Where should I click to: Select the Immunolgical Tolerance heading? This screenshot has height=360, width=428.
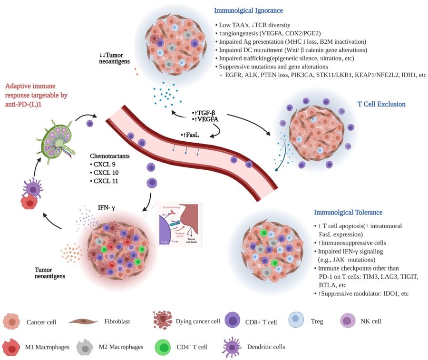click(x=348, y=212)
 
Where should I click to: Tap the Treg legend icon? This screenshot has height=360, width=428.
click(x=296, y=321)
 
